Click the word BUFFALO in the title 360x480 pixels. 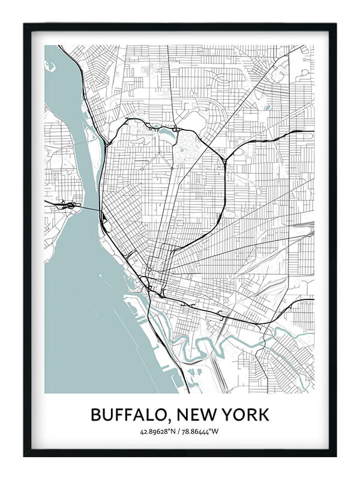129,415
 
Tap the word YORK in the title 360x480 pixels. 246,415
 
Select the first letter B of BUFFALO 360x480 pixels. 97,415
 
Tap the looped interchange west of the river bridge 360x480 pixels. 71,206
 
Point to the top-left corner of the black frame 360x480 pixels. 25,24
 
